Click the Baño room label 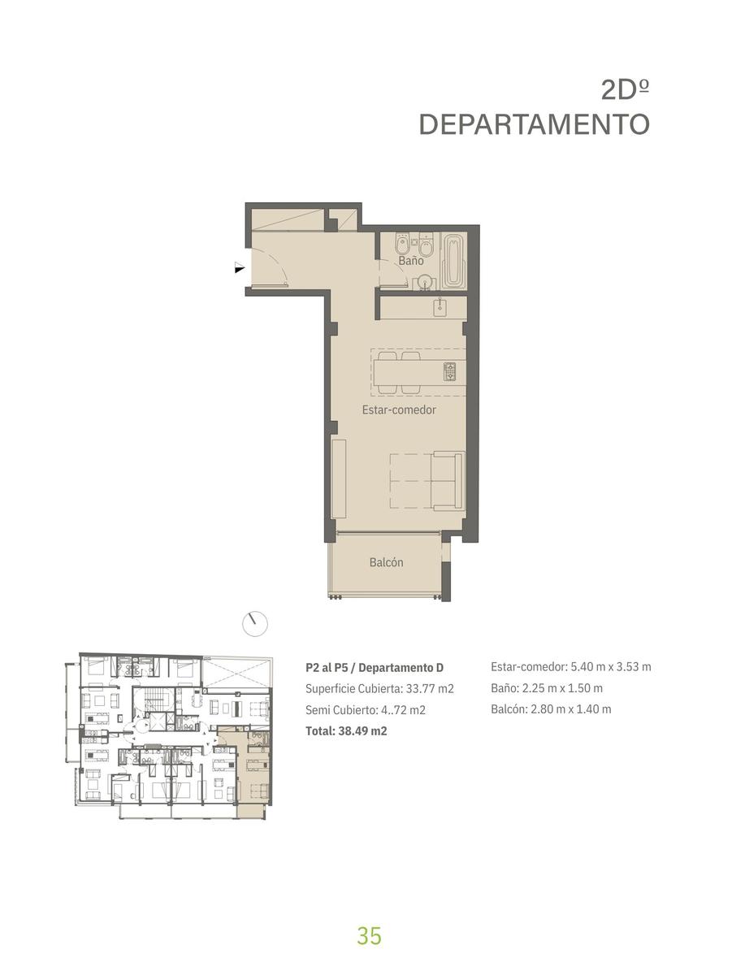click(x=410, y=260)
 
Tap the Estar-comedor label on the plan click(x=399, y=409)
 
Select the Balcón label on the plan click(x=387, y=562)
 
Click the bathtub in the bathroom click(x=454, y=262)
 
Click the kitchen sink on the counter click(x=440, y=307)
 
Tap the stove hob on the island click(x=449, y=372)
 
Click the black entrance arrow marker click(x=240, y=267)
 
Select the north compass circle click(x=255, y=624)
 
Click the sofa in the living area click(x=448, y=482)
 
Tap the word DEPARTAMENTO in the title click(x=535, y=124)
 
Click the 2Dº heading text click(x=625, y=90)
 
